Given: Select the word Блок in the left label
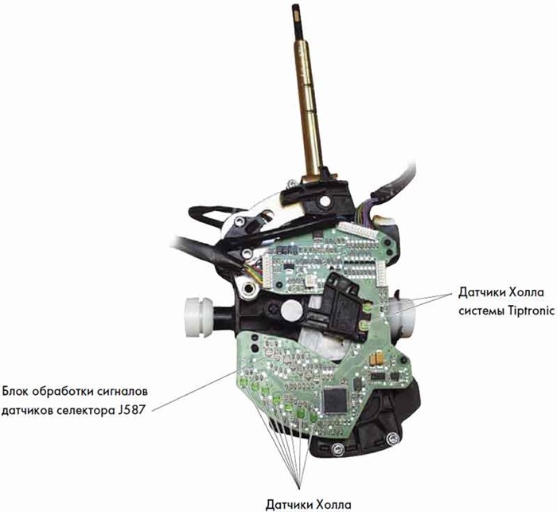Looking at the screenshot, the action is point(15,392).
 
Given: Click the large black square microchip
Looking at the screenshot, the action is point(335,401).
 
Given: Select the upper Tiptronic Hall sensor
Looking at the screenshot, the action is point(368,307).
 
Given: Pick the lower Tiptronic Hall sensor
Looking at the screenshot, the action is point(364,325).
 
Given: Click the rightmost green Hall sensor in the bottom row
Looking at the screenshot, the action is point(313,417).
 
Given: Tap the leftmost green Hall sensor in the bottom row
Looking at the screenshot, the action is point(243,383).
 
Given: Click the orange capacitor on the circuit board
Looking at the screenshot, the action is point(376,358).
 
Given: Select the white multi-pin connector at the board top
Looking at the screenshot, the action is point(358,231).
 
